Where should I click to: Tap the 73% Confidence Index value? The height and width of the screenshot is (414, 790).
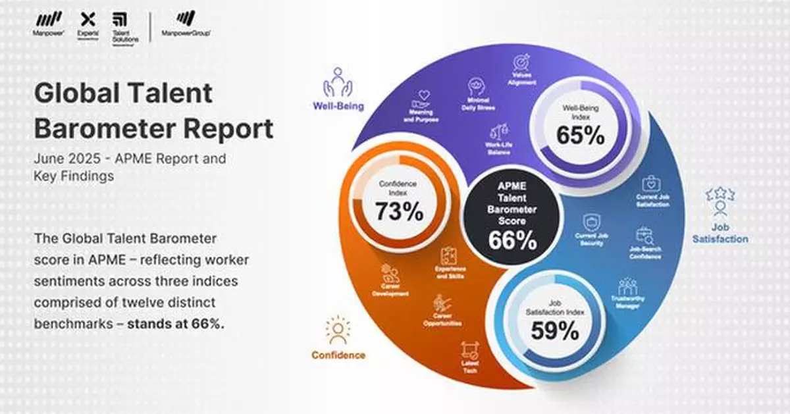click(x=399, y=211)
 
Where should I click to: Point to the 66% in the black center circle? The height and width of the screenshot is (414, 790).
click(x=512, y=241)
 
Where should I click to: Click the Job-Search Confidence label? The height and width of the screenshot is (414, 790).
click(x=645, y=253)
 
